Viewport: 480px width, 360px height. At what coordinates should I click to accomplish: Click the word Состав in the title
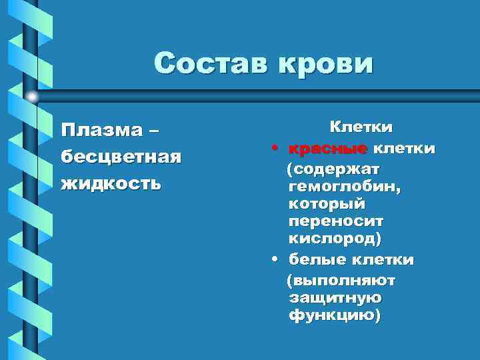205,64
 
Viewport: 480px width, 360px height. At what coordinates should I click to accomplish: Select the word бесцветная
121,155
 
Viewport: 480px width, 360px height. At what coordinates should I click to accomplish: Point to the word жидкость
111,183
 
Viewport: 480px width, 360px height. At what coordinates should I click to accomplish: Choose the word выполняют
340,281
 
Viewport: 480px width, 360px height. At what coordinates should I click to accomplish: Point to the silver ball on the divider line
32,97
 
